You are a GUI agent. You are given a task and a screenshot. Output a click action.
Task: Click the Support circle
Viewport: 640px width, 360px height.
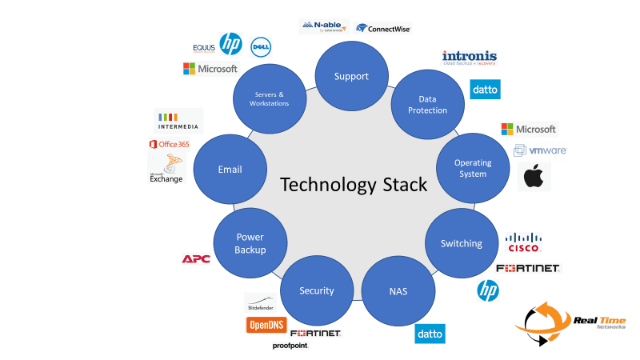[x=352, y=76]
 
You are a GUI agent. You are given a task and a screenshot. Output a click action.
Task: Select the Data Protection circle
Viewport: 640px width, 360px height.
[x=427, y=105]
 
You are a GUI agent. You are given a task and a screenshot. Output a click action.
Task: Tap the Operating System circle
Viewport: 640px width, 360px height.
[x=473, y=168]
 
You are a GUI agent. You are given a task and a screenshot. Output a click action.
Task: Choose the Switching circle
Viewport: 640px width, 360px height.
[x=462, y=243]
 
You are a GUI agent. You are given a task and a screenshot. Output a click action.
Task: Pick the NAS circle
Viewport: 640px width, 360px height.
[x=398, y=290]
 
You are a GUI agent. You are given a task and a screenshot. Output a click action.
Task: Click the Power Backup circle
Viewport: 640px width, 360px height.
[x=250, y=243]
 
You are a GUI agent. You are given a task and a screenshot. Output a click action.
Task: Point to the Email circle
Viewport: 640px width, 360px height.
[x=230, y=169]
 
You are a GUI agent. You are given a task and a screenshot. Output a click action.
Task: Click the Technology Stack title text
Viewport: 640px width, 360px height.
[x=354, y=185]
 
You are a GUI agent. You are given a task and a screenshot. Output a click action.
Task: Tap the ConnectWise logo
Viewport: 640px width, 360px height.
[x=384, y=28]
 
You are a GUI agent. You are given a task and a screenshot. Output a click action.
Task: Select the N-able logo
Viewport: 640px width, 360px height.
[x=324, y=26]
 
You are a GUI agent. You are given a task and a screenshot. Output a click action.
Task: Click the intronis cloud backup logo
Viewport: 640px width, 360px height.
[x=470, y=58]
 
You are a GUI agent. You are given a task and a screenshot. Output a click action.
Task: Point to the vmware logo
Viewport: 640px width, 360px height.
[x=540, y=150]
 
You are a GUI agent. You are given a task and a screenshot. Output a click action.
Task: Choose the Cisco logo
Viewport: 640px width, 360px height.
[x=524, y=242]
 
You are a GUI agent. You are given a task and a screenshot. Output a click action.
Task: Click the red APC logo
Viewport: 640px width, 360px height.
[x=196, y=258]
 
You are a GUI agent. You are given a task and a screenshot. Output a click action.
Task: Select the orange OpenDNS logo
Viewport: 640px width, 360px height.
[x=266, y=325]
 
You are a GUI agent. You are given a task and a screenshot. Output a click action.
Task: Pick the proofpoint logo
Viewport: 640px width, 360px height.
[x=290, y=346]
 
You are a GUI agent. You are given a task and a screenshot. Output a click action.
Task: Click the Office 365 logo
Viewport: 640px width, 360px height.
[x=169, y=144]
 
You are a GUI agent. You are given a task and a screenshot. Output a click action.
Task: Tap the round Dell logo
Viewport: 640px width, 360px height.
[x=259, y=46]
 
